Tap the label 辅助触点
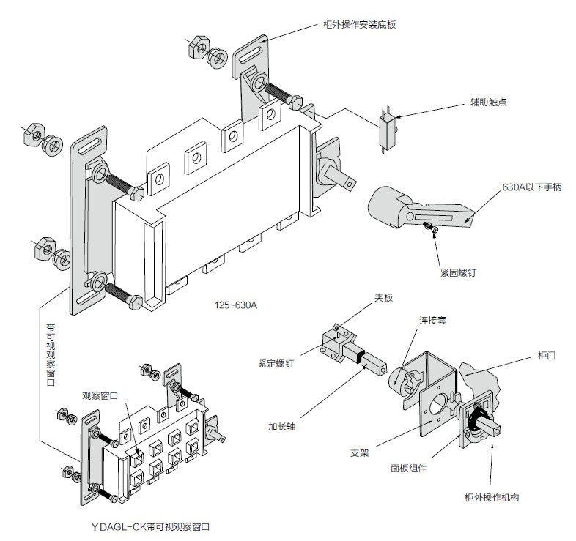[488, 102]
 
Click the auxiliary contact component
[387, 129]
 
